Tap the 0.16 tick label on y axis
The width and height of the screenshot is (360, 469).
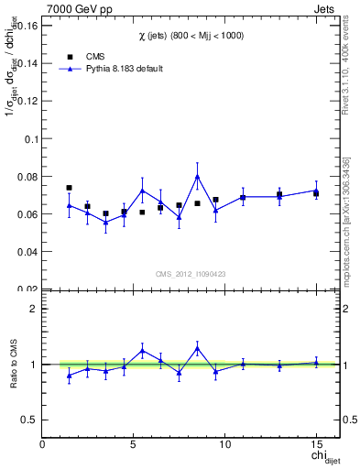pyautogui.click(x=26, y=27)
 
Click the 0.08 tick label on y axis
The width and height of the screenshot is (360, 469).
pyautogui.click(x=26, y=176)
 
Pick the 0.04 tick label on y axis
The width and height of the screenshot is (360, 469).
pyautogui.click(x=26, y=251)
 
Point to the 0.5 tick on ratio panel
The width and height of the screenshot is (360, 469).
pyautogui.click(x=30, y=420)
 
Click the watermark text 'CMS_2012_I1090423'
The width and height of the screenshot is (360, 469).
pyautogui.click(x=191, y=274)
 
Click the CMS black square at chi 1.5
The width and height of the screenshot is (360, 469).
pyautogui.click(x=69, y=188)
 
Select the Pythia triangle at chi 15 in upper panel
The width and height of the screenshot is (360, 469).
pyautogui.click(x=316, y=191)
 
